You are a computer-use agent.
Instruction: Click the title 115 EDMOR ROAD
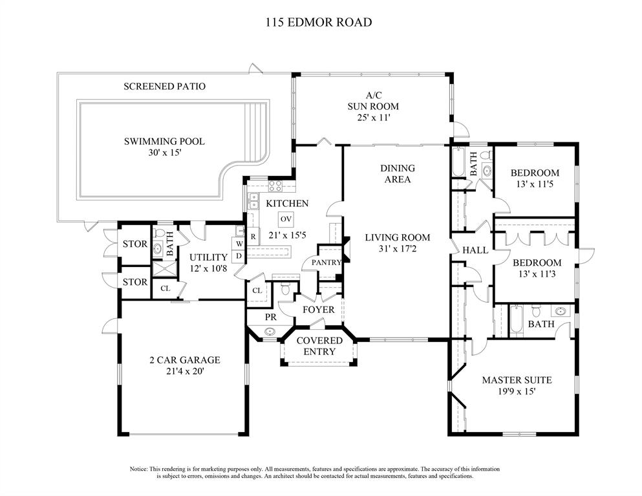[319, 22]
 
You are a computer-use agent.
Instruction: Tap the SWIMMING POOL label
[164, 142]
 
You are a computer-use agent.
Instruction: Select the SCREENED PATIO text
[165, 87]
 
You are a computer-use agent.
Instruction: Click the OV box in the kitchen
[286, 219]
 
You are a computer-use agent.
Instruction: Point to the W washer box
[239, 244]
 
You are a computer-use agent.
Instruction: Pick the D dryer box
[239, 256]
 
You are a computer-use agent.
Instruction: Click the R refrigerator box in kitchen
[253, 236]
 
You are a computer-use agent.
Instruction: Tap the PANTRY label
[326, 263]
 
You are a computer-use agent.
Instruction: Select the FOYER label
[319, 310]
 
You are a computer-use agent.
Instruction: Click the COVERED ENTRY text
[319, 346]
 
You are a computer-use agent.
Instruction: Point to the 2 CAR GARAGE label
[185, 360]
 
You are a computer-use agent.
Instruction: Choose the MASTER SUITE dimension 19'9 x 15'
[517, 391]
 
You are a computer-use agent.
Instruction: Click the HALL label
[475, 250]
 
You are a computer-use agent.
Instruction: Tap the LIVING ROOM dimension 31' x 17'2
[397, 248]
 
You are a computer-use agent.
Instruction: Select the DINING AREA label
[398, 174]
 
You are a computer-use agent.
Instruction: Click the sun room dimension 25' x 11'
[374, 118]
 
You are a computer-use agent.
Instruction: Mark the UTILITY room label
[208, 257]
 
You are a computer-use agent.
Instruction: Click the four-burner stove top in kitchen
[275, 186]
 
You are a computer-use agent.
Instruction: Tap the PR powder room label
[271, 317]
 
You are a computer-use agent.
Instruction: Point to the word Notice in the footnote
[139, 469]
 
